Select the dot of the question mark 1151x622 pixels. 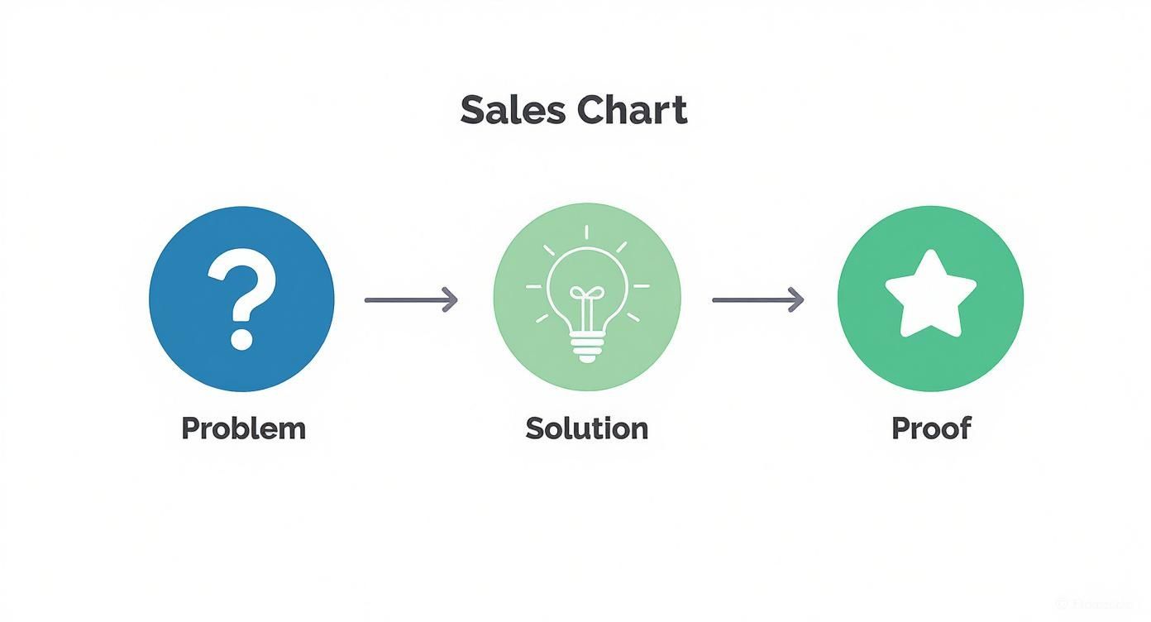[241, 337]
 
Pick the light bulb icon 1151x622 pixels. [587, 302]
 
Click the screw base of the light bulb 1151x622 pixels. [587, 348]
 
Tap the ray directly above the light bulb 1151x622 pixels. [587, 233]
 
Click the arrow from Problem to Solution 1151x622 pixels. [410, 299]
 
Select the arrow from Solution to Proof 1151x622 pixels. [757, 299]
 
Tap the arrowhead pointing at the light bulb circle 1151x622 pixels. [450, 299]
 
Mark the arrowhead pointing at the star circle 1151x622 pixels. [796, 299]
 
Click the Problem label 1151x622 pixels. [243, 428]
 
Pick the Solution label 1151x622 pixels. [587, 428]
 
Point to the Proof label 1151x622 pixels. [931, 428]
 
